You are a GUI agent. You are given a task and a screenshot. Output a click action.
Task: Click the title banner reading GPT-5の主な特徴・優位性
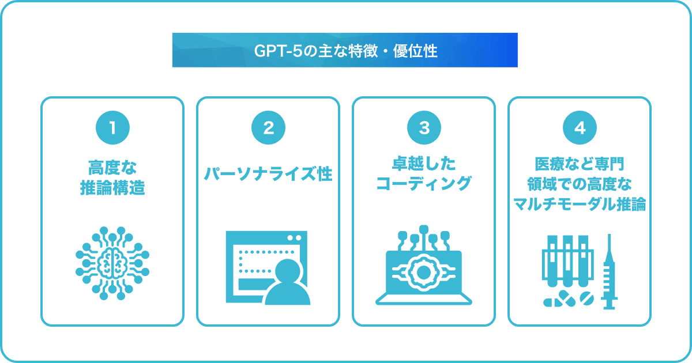[x=345, y=50]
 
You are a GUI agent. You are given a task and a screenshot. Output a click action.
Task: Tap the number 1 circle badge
[x=112, y=128]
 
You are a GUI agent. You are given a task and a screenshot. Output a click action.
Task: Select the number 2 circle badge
[x=268, y=128]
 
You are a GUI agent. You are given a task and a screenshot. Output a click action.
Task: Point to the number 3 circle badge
[x=424, y=128]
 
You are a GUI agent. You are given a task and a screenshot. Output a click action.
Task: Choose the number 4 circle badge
[x=580, y=128]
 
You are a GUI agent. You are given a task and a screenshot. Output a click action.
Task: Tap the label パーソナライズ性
[x=268, y=174]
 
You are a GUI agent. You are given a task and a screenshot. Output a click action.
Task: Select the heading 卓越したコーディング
[x=424, y=174]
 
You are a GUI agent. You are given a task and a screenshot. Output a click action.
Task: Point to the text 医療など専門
[x=580, y=164]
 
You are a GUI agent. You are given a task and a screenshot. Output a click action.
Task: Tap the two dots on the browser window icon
[x=294, y=237]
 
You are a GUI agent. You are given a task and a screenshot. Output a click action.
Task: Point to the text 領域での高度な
[x=580, y=184]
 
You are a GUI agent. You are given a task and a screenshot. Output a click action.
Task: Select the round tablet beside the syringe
[x=585, y=299]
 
